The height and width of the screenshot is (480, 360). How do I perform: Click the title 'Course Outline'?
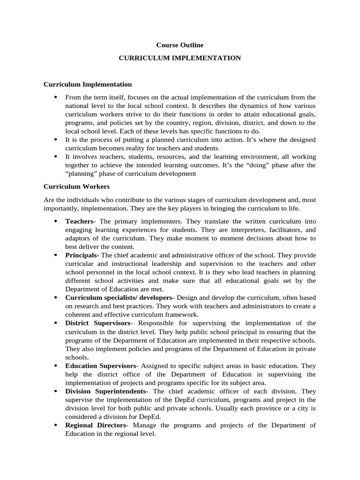tap(180, 45)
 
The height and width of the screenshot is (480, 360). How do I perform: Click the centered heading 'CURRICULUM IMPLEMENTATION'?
tap(180, 58)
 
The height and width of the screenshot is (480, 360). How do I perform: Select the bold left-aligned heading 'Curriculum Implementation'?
tap(88, 84)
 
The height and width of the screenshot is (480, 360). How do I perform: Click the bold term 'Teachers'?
tap(79, 221)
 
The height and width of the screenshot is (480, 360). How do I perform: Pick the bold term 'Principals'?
tap(81, 255)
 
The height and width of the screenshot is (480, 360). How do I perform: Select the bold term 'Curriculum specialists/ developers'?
tap(119, 298)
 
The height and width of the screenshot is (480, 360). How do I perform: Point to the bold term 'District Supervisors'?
tap(98, 323)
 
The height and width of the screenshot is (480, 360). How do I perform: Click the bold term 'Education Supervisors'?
tap(100, 366)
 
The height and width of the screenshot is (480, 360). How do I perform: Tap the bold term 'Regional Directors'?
tap(96, 425)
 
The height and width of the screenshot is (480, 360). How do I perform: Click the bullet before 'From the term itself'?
tap(55, 97)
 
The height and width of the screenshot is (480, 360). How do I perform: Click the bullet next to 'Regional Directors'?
tap(55, 425)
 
